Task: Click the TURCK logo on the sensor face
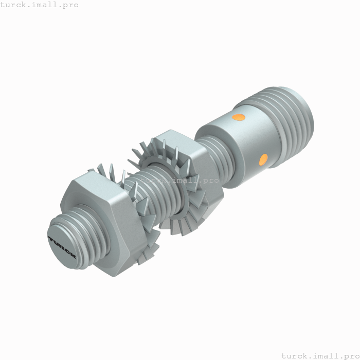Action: point(63,247)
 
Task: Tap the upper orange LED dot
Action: point(239,117)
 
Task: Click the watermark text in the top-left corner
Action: point(40,5)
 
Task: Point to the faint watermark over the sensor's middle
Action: point(180,181)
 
